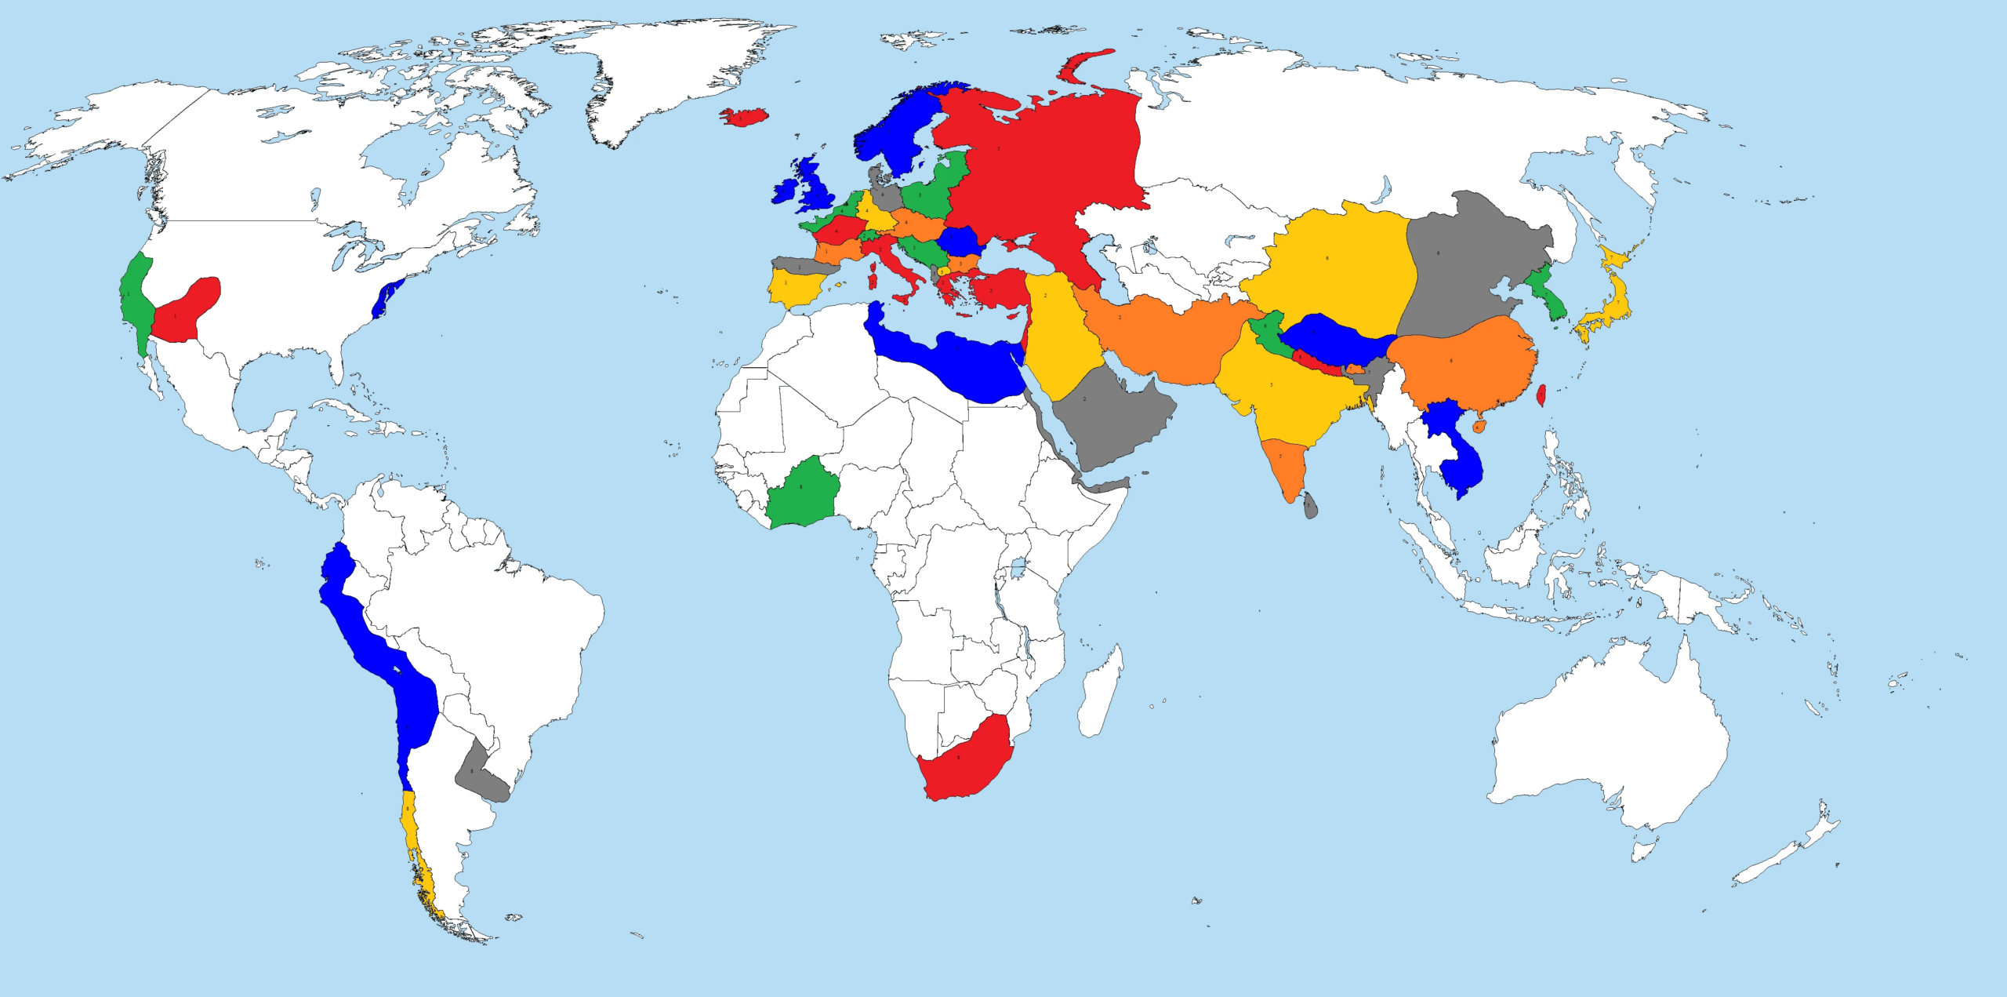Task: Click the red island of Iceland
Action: (744, 117)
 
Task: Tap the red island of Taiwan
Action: (1538, 395)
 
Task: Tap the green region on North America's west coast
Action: (136, 298)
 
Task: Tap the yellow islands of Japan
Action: (1613, 302)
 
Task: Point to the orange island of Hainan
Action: (1479, 427)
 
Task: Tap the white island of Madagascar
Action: (1099, 694)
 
